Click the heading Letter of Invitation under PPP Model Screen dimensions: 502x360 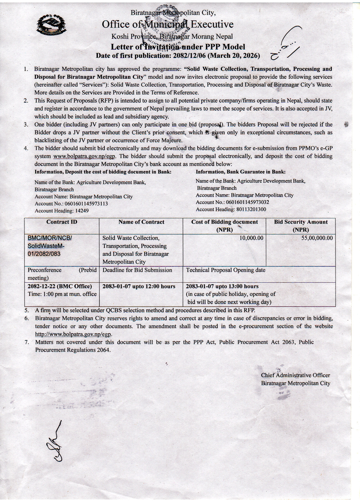coord(178,47)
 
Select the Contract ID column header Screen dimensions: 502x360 coord(62,222)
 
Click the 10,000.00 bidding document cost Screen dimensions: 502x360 coord(251,238)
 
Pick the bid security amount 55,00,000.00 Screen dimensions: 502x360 coord(317,238)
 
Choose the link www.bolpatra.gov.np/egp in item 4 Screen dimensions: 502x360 coord(84,156)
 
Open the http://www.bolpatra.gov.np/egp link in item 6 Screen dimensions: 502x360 coord(73,334)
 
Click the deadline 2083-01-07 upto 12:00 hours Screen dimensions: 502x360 coord(139,286)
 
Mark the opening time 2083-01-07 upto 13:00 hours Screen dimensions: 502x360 coord(222,286)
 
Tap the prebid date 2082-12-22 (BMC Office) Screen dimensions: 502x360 coord(60,286)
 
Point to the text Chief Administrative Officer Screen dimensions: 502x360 coord(295,375)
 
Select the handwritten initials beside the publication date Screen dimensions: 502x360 coord(286,44)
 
